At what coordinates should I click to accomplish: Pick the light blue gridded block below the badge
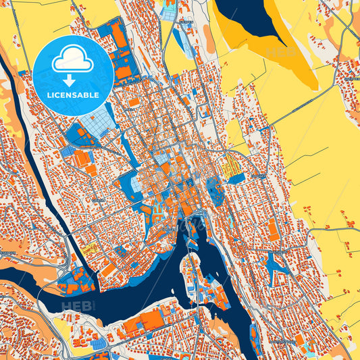pos(95,122)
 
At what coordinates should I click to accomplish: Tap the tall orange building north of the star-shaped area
pos(273,230)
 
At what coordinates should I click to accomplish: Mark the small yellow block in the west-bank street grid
pos(92,249)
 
